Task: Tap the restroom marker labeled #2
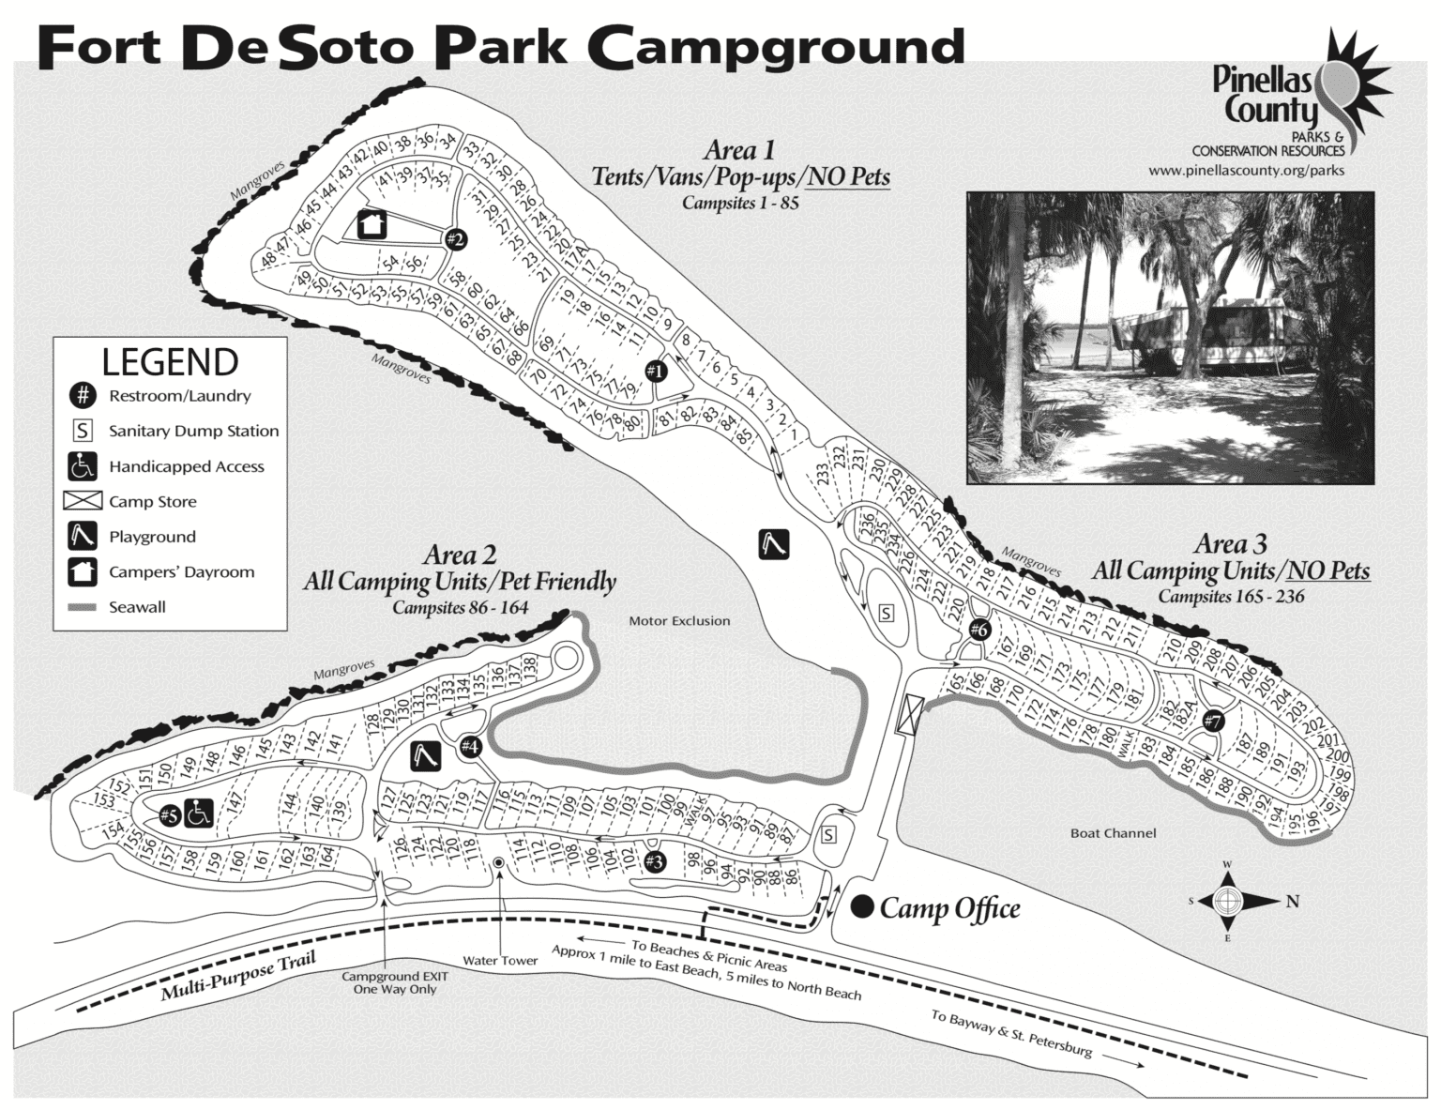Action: (455, 239)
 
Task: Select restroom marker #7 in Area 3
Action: (1213, 722)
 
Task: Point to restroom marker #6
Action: (979, 630)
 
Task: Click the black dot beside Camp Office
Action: (863, 906)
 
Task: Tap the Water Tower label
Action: (500, 961)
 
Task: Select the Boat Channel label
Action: (1113, 833)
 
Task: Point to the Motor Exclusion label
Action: (679, 621)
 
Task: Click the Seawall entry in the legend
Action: (137, 607)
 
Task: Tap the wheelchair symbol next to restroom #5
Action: (200, 813)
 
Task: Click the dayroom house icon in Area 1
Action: (371, 224)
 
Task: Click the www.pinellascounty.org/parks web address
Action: (1246, 171)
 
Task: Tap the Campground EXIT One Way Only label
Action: (394, 982)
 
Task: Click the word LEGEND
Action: (170, 362)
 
